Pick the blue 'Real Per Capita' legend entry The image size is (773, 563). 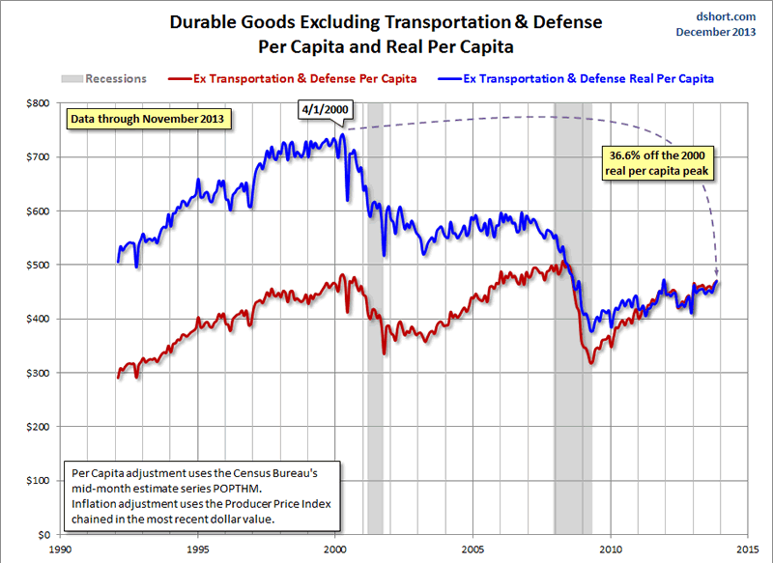[x=589, y=78]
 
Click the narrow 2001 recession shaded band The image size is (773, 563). [x=375, y=319]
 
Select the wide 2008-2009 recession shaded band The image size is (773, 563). [x=572, y=319]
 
